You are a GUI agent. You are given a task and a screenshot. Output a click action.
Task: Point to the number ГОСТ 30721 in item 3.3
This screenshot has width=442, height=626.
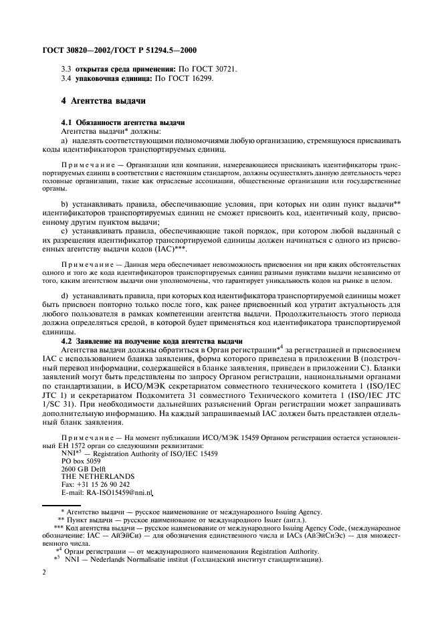pyautogui.click(x=217, y=70)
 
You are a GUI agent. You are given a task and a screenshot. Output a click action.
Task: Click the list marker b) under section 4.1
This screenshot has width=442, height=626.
pyautogui.click(x=65, y=201)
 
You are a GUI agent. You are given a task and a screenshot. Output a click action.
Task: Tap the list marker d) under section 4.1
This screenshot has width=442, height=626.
pyautogui.click(x=65, y=296)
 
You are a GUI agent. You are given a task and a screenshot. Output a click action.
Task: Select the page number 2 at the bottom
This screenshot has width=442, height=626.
pyautogui.click(x=43, y=572)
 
